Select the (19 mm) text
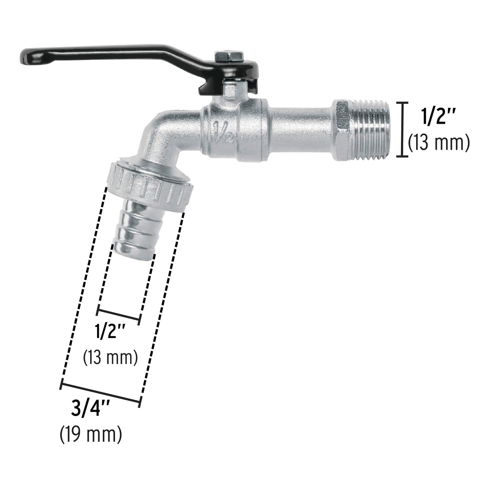pos(91,436)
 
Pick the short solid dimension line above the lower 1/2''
pos(118,312)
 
